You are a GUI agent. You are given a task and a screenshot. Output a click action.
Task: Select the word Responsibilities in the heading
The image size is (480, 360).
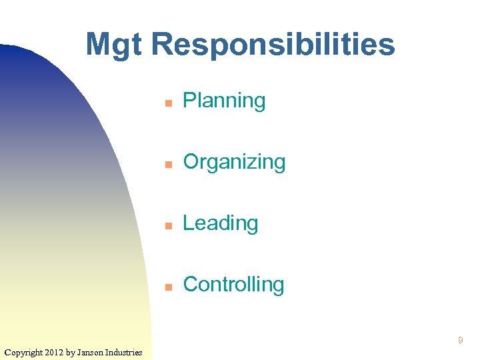pos(273,45)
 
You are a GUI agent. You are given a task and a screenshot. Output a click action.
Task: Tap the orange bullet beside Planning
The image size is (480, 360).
pos(169,103)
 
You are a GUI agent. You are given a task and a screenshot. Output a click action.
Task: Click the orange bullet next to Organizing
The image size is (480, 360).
pos(169,165)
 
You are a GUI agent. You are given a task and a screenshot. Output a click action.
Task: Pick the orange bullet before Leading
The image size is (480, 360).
pos(169,226)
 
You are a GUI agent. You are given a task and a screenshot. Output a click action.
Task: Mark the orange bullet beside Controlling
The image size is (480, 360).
pos(169,287)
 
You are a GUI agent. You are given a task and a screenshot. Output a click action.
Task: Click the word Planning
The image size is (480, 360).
pos(224,101)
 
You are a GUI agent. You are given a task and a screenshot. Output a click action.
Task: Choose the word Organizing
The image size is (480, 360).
pos(234,163)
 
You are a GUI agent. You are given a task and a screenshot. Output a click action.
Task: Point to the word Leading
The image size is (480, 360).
pos(220,223)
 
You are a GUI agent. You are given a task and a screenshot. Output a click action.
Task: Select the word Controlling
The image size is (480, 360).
pos(233,285)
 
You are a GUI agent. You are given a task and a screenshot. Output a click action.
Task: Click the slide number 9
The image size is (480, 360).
pos(460,341)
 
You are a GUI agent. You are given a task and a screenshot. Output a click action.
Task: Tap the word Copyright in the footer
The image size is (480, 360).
pos(23,352)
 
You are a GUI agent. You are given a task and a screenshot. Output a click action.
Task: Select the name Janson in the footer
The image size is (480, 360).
pos(90,352)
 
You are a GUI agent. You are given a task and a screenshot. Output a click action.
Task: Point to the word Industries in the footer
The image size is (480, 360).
pos(124,352)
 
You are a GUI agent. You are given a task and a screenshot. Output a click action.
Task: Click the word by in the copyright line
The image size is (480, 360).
pos(70,352)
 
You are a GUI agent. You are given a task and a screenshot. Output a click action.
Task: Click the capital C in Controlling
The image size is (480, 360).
pos(190,285)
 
